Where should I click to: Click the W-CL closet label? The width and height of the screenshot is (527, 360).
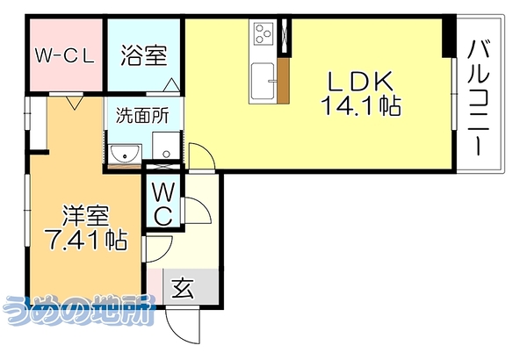tap(64, 56)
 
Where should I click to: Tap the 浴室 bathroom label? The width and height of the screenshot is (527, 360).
tap(144, 55)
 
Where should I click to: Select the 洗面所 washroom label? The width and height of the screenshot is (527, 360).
tap(142, 116)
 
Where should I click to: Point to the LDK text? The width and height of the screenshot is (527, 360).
tap(361, 82)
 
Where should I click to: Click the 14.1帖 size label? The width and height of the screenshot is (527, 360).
tap(361, 105)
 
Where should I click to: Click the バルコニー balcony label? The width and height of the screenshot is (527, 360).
tap(478, 97)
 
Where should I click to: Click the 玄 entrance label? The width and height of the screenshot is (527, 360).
tap(183, 288)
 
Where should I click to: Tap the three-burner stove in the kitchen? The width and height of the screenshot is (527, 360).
tap(263, 33)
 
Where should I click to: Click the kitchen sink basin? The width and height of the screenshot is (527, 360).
tap(263, 81)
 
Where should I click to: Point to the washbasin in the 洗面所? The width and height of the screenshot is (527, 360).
tap(125, 155)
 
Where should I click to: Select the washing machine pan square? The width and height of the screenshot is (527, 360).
tap(166, 146)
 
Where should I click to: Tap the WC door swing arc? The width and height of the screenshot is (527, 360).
tap(197, 211)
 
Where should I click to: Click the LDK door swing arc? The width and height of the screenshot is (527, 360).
tap(201, 156)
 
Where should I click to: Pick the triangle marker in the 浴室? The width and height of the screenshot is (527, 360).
tap(171, 84)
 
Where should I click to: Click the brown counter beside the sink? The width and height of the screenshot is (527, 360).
tap(283, 80)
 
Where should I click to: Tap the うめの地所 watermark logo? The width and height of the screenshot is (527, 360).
tap(79, 310)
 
